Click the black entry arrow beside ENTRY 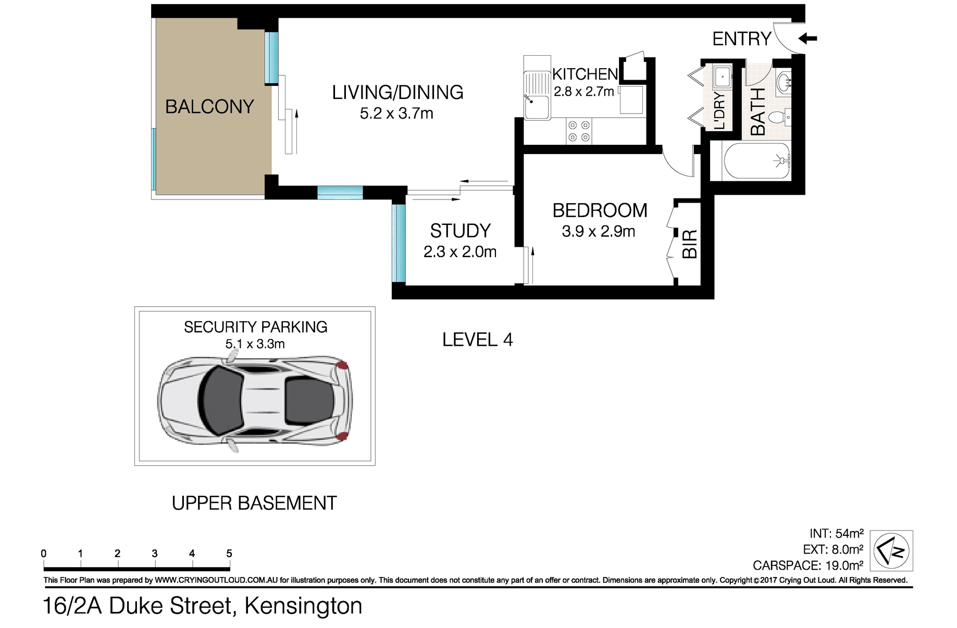pyautogui.click(x=808, y=39)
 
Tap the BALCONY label pyautogui.click(x=209, y=107)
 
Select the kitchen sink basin pyautogui.click(x=537, y=107)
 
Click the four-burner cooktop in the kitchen pyautogui.click(x=579, y=131)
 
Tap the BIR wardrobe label pyautogui.click(x=690, y=244)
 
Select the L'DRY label pyautogui.click(x=719, y=110)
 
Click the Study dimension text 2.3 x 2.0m pyautogui.click(x=460, y=252)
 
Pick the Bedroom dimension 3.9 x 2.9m pyautogui.click(x=599, y=231)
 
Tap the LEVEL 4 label pyautogui.click(x=478, y=340)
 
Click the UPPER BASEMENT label pyautogui.click(x=254, y=503)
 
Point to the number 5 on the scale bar pyautogui.click(x=229, y=554)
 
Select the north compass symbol pyautogui.click(x=891, y=550)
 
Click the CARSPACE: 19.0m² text pyautogui.click(x=808, y=565)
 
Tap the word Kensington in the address pyautogui.click(x=303, y=606)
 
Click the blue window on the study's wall pyautogui.click(x=399, y=243)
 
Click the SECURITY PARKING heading pyautogui.click(x=255, y=327)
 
